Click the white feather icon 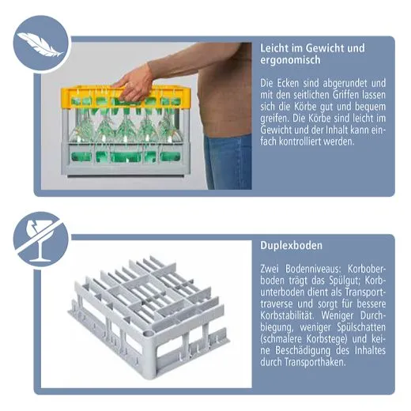(40, 44)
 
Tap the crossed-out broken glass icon (41, 239)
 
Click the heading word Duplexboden (291, 246)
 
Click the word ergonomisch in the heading (290, 60)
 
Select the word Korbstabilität (288, 315)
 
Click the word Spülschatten (361, 327)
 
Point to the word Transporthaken (315, 362)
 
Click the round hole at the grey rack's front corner (149, 334)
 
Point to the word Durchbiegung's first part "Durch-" (372, 315)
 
